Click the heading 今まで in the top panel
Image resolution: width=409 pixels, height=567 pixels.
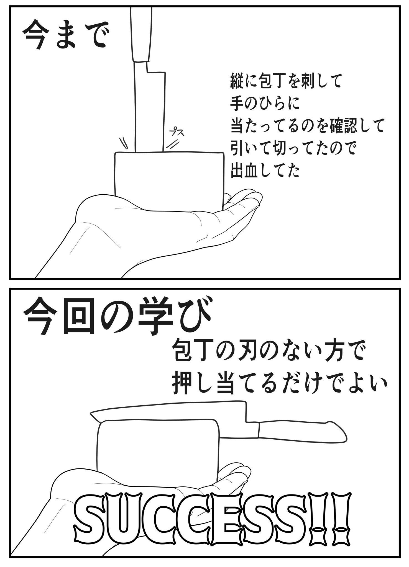pyautogui.click(x=64, y=37)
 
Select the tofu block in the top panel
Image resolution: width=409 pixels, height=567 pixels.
pyautogui.click(x=169, y=180)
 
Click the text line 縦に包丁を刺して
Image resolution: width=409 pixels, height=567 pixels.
pyautogui.click(x=285, y=81)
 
